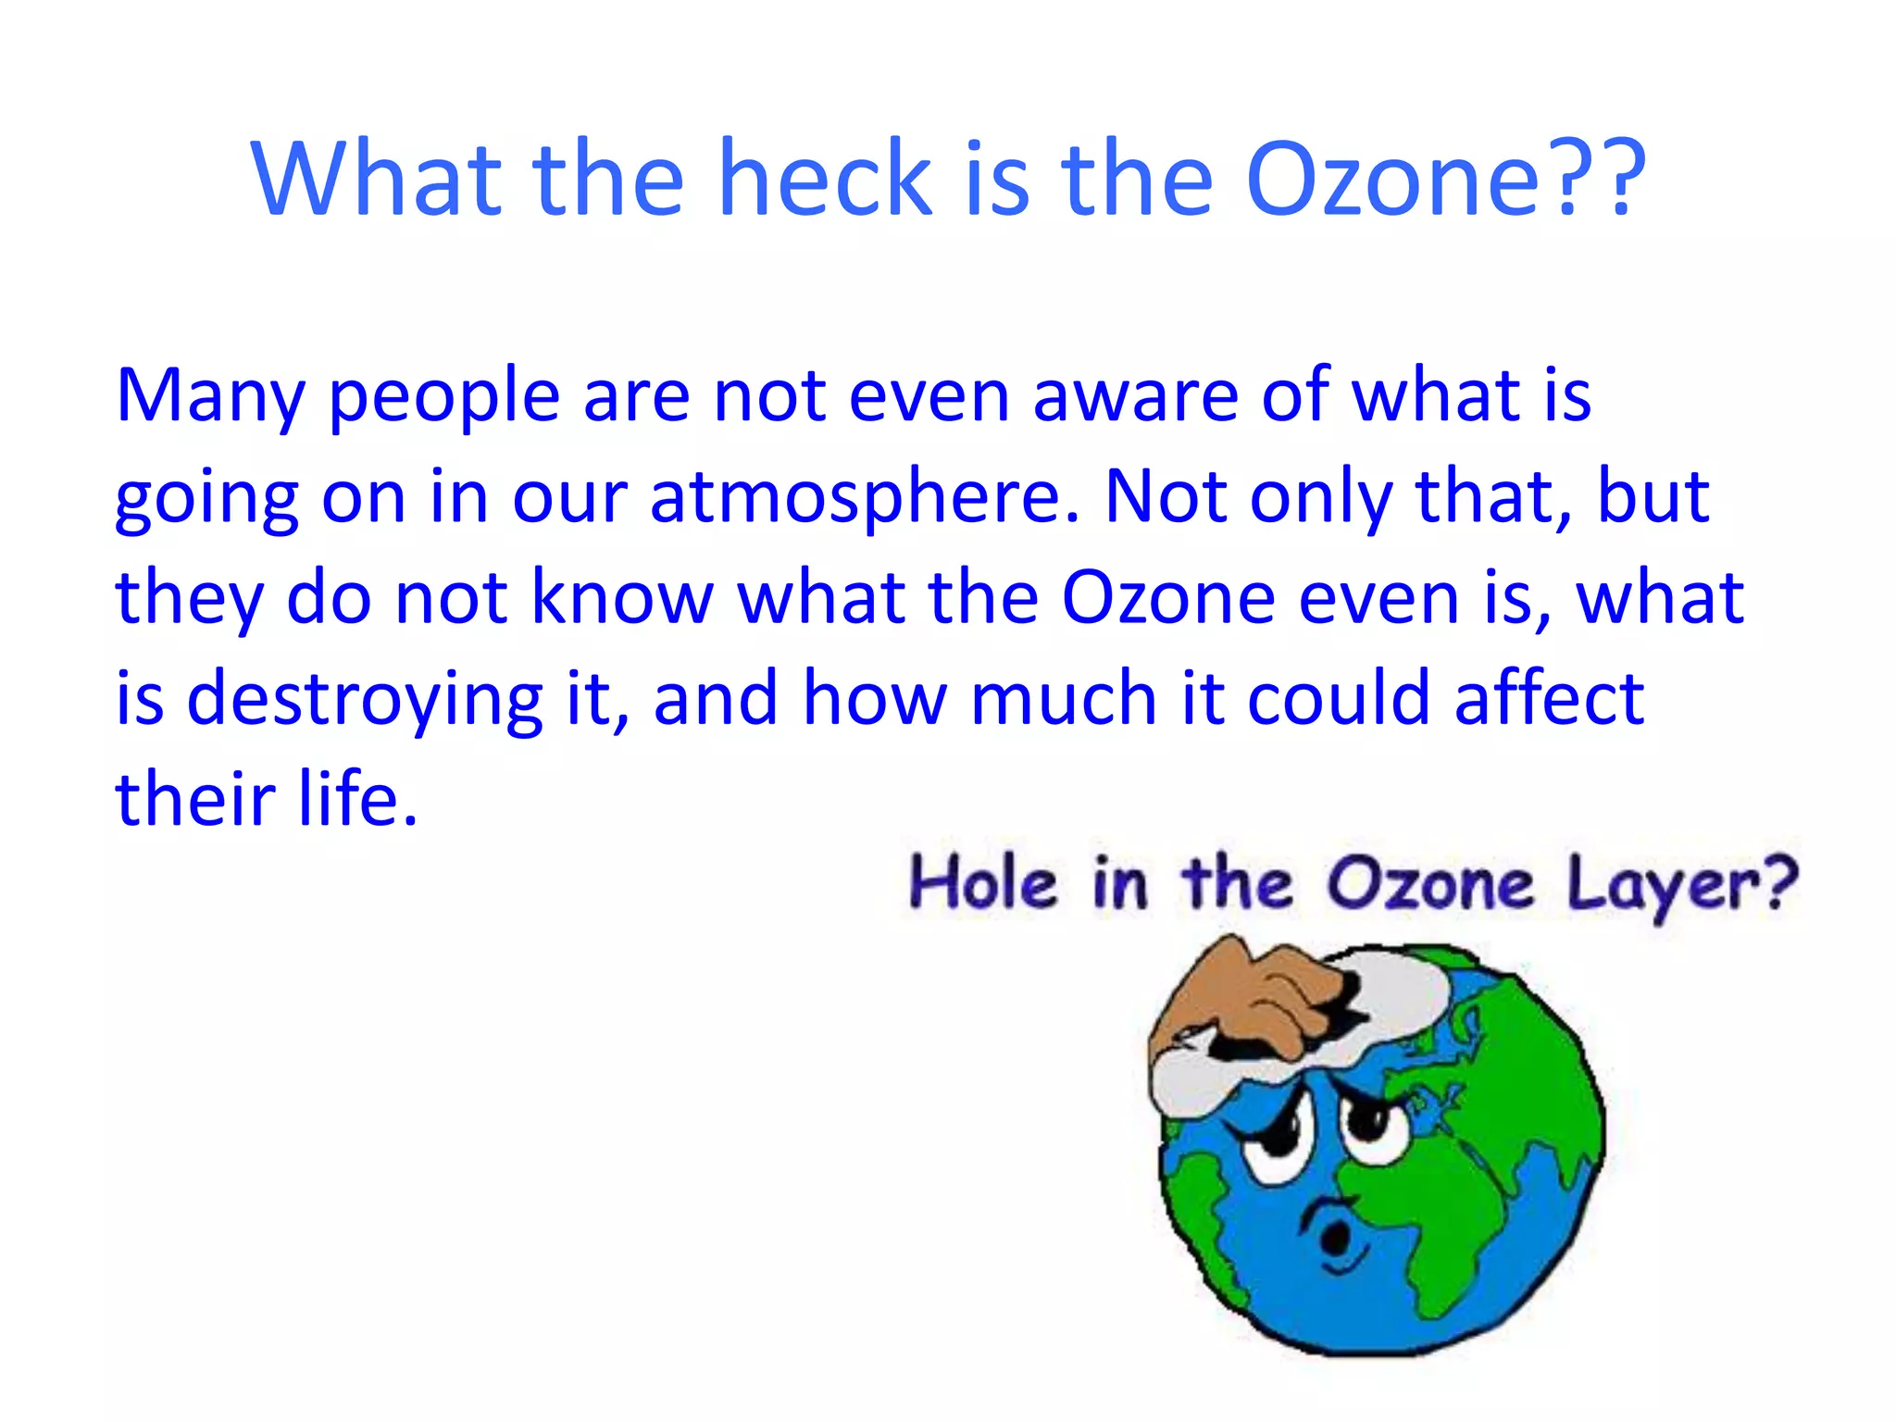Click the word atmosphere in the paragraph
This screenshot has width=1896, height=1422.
click(x=864, y=498)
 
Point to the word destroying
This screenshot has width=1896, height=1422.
click(x=365, y=700)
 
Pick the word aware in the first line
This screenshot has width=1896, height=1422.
click(x=1135, y=396)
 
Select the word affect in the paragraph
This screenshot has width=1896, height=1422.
click(x=1548, y=698)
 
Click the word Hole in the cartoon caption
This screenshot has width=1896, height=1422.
click(x=982, y=882)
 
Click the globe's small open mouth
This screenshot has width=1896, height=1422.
click(x=1334, y=1236)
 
